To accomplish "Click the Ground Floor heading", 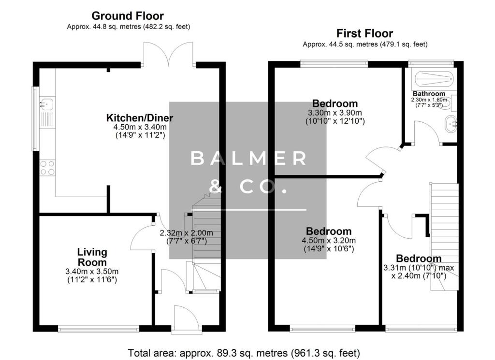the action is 128,16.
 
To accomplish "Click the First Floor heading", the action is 364,33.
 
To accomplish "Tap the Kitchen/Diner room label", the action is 140,118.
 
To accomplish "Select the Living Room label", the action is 92,257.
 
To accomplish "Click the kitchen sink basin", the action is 47,103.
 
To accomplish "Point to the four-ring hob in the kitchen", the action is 47,168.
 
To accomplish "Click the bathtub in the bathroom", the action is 434,79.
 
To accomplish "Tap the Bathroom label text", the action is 429,94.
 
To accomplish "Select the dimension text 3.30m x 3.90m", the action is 335,113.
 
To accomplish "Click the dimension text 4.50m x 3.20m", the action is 329,241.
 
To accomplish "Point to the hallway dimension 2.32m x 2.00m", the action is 186,233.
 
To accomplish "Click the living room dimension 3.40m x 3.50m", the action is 92,272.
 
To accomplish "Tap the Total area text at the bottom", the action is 244,353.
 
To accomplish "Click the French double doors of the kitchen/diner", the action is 168,56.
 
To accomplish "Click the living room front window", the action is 99,330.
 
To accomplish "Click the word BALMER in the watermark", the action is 248,158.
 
